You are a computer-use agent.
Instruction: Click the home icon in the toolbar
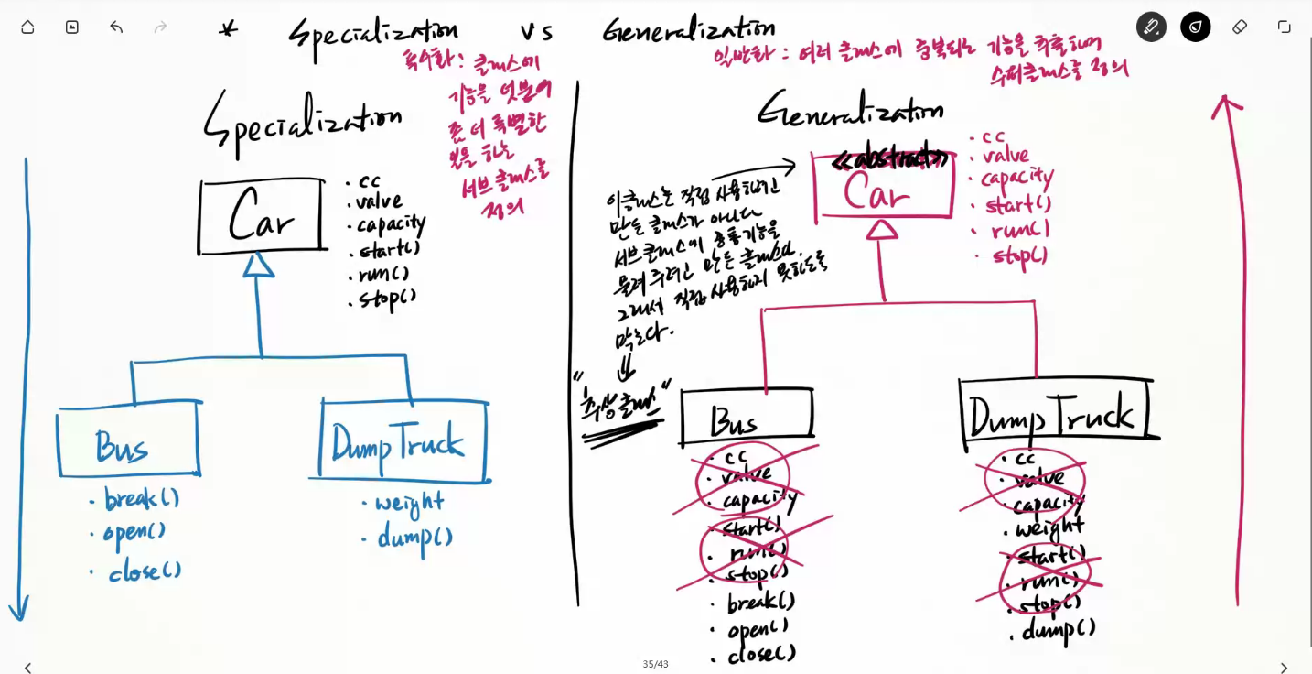pyautogui.click(x=27, y=27)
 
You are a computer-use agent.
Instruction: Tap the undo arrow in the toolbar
pyautogui.click(x=116, y=27)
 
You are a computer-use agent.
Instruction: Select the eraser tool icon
pyautogui.click(x=1240, y=27)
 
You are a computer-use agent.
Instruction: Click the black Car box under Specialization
pyautogui.click(x=262, y=217)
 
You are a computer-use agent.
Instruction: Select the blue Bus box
pyautogui.click(x=128, y=444)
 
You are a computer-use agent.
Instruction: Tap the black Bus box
pyautogui.click(x=746, y=415)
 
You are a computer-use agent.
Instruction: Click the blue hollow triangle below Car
pyautogui.click(x=259, y=265)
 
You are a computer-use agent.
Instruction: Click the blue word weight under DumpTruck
pyautogui.click(x=409, y=503)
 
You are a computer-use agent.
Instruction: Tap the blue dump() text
pyautogui.click(x=414, y=536)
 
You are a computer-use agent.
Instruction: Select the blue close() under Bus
pyautogui.click(x=145, y=572)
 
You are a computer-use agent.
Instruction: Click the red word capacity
pyautogui.click(x=1016, y=178)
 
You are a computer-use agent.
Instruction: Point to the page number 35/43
pyautogui.click(x=655, y=664)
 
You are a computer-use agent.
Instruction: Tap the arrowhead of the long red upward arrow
pyautogui.click(x=1225, y=104)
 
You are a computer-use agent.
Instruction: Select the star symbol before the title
pyautogui.click(x=229, y=29)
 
